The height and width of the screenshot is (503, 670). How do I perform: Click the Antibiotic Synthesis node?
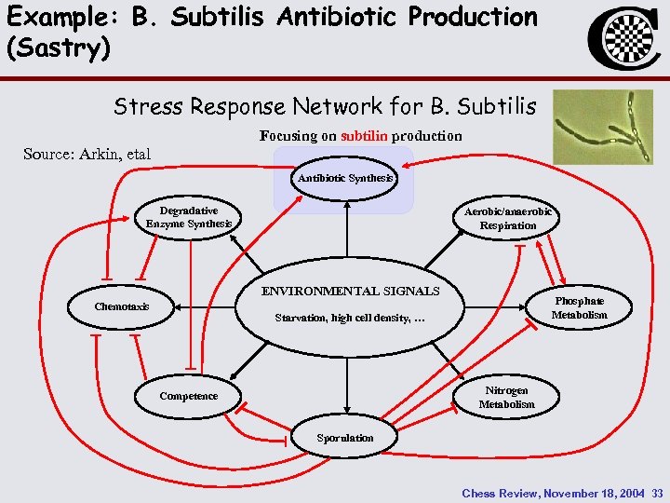(x=345, y=178)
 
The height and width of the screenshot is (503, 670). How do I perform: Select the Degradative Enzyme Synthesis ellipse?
(x=189, y=218)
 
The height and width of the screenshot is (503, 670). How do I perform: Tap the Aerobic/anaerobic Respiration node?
(x=507, y=218)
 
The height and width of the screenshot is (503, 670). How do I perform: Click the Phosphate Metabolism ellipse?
(x=579, y=308)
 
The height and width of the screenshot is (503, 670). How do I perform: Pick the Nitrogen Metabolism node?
(x=506, y=397)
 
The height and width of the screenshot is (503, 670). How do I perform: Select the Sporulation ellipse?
(x=345, y=437)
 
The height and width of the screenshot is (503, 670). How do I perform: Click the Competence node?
(x=188, y=396)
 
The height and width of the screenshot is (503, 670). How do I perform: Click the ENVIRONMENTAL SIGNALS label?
(x=350, y=292)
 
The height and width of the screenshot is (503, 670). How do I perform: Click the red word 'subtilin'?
(x=365, y=136)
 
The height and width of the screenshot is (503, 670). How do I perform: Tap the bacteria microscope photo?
(x=602, y=127)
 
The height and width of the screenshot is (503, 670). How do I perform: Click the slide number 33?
(x=657, y=493)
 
